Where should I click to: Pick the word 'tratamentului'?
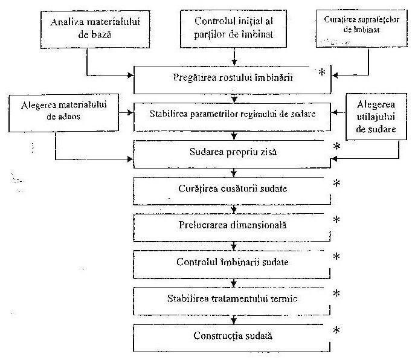pyautogui.click(x=239, y=298)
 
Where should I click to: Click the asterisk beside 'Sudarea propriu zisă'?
pyautogui.click(x=336, y=146)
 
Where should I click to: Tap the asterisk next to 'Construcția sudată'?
pyautogui.click(x=336, y=330)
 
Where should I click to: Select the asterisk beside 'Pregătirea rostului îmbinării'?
pyautogui.click(x=322, y=72)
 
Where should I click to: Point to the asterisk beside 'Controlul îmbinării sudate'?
pyautogui.click(x=336, y=257)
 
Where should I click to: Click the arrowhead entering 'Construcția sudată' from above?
pyautogui.click(x=233, y=321)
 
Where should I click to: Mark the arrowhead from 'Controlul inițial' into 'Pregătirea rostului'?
pyautogui.click(x=234, y=62)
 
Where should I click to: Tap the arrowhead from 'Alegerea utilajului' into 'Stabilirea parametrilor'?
pyautogui.click(x=334, y=112)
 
